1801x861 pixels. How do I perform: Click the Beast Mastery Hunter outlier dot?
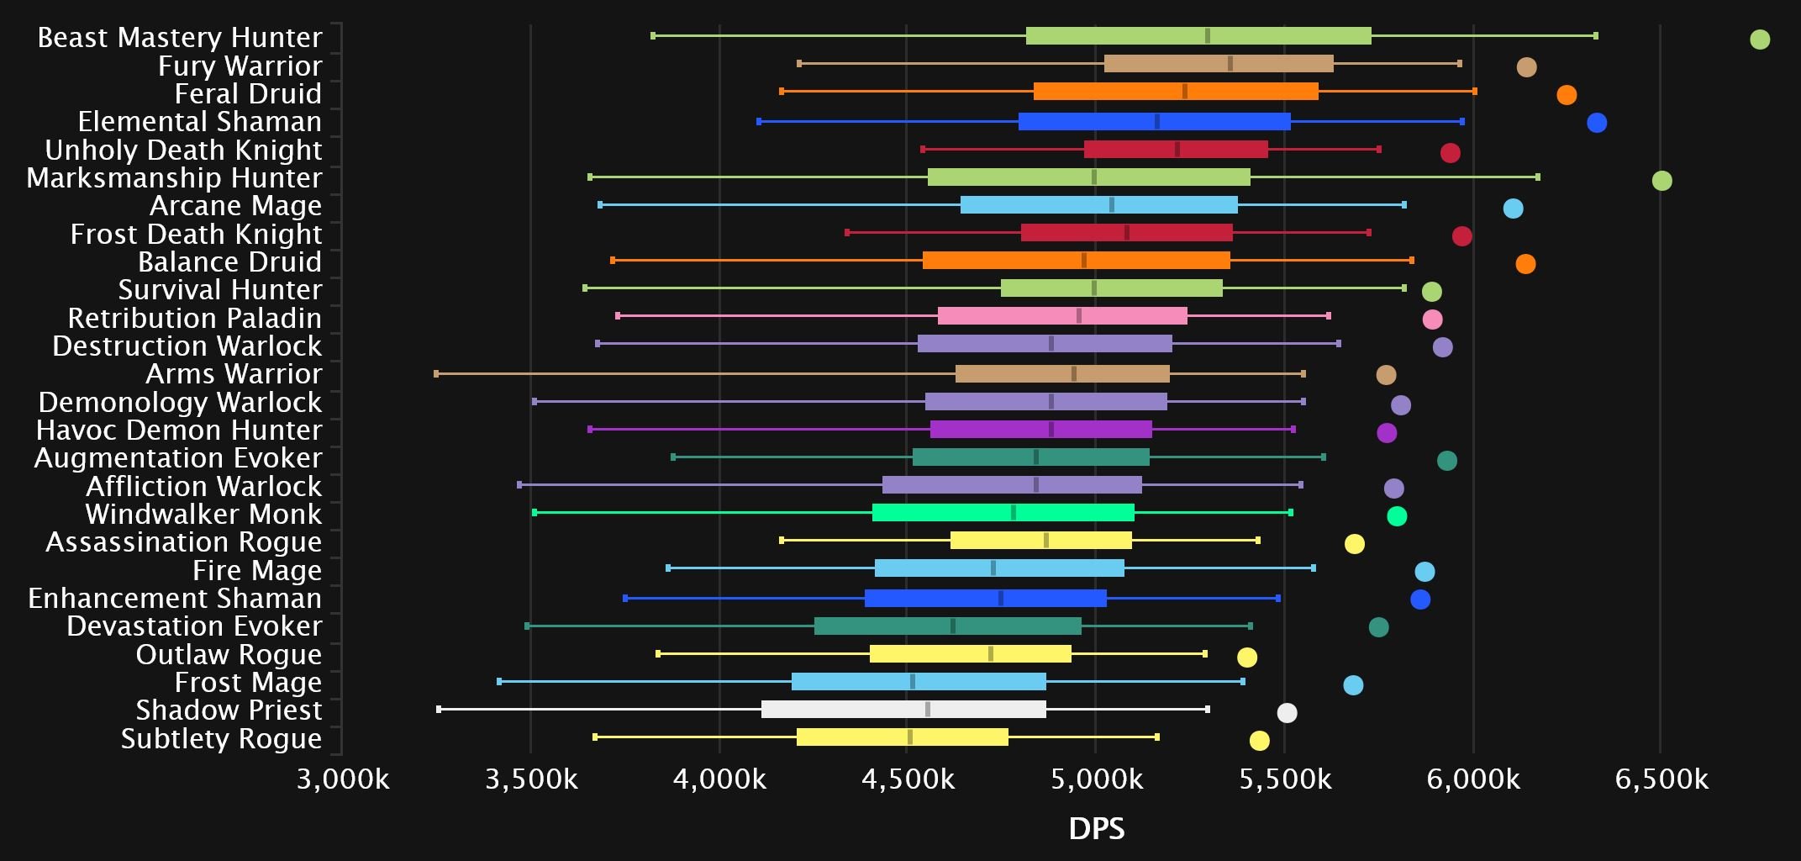pyautogui.click(x=1759, y=40)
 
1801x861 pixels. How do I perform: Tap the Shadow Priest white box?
pyautogui.click(x=903, y=710)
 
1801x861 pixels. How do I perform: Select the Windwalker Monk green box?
pyautogui.click(x=1003, y=513)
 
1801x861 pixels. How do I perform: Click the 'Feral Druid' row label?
pyautogui.click(x=248, y=93)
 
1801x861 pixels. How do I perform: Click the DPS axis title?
pyautogui.click(x=1096, y=829)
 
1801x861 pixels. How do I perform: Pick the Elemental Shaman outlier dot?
pyautogui.click(x=1596, y=123)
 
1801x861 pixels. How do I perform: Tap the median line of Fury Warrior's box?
pyautogui.click(x=1230, y=64)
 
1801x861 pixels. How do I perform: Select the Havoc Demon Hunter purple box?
pyautogui.click(x=1040, y=430)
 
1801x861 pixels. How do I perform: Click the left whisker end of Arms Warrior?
pyautogui.click(x=436, y=373)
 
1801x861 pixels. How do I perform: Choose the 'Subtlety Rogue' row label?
pyautogui.click(x=221, y=739)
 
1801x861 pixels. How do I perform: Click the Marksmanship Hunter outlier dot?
pyautogui.click(x=1661, y=181)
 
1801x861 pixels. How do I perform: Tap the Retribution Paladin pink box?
pyautogui.click(x=1062, y=316)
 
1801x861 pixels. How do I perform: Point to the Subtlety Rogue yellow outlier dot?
pyautogui.click(x=1258, y=741)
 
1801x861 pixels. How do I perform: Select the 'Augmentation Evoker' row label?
pyautogui.click(x=178, y=458)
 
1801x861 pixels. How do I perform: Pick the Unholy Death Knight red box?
pyautogui.click(x=1176, y=150)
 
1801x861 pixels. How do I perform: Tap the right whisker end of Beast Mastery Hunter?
pyautogui.click(x=1595, y=36)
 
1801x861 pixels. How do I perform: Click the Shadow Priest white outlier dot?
pyautogui.click(x=1287, y=713)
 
